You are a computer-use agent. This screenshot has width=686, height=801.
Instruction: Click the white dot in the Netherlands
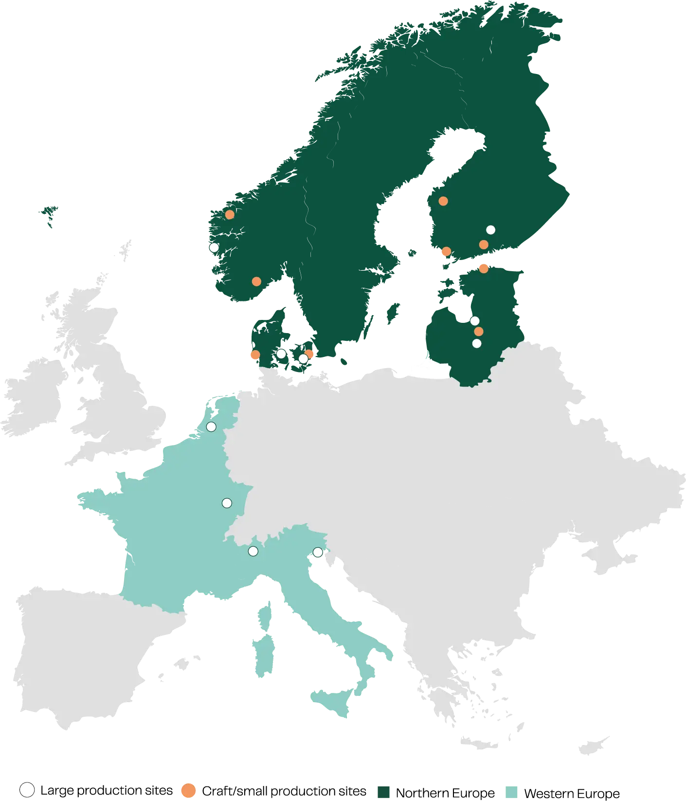211,427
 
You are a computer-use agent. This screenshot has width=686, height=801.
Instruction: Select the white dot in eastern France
227,503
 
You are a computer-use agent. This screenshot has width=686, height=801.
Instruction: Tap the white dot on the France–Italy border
253,551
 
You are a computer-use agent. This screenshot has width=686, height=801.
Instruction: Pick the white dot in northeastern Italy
318,552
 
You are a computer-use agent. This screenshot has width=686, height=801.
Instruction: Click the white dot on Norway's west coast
214,247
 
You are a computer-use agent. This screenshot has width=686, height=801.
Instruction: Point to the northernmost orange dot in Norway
230,214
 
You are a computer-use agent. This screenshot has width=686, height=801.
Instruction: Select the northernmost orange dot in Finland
443,201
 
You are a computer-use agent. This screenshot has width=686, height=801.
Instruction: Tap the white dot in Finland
490,230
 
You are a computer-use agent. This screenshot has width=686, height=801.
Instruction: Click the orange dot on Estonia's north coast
484,268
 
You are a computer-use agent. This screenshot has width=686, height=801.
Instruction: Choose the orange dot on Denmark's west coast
255,354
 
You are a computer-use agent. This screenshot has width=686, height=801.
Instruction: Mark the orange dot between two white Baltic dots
479,332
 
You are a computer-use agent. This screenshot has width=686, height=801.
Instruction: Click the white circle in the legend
27,790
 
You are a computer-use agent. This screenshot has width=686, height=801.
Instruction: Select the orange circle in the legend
188,791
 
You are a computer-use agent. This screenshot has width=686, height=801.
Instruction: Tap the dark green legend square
383,792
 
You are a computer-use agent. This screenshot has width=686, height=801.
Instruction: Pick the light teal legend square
511,792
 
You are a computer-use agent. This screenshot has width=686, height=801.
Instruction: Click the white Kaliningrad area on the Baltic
431,372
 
